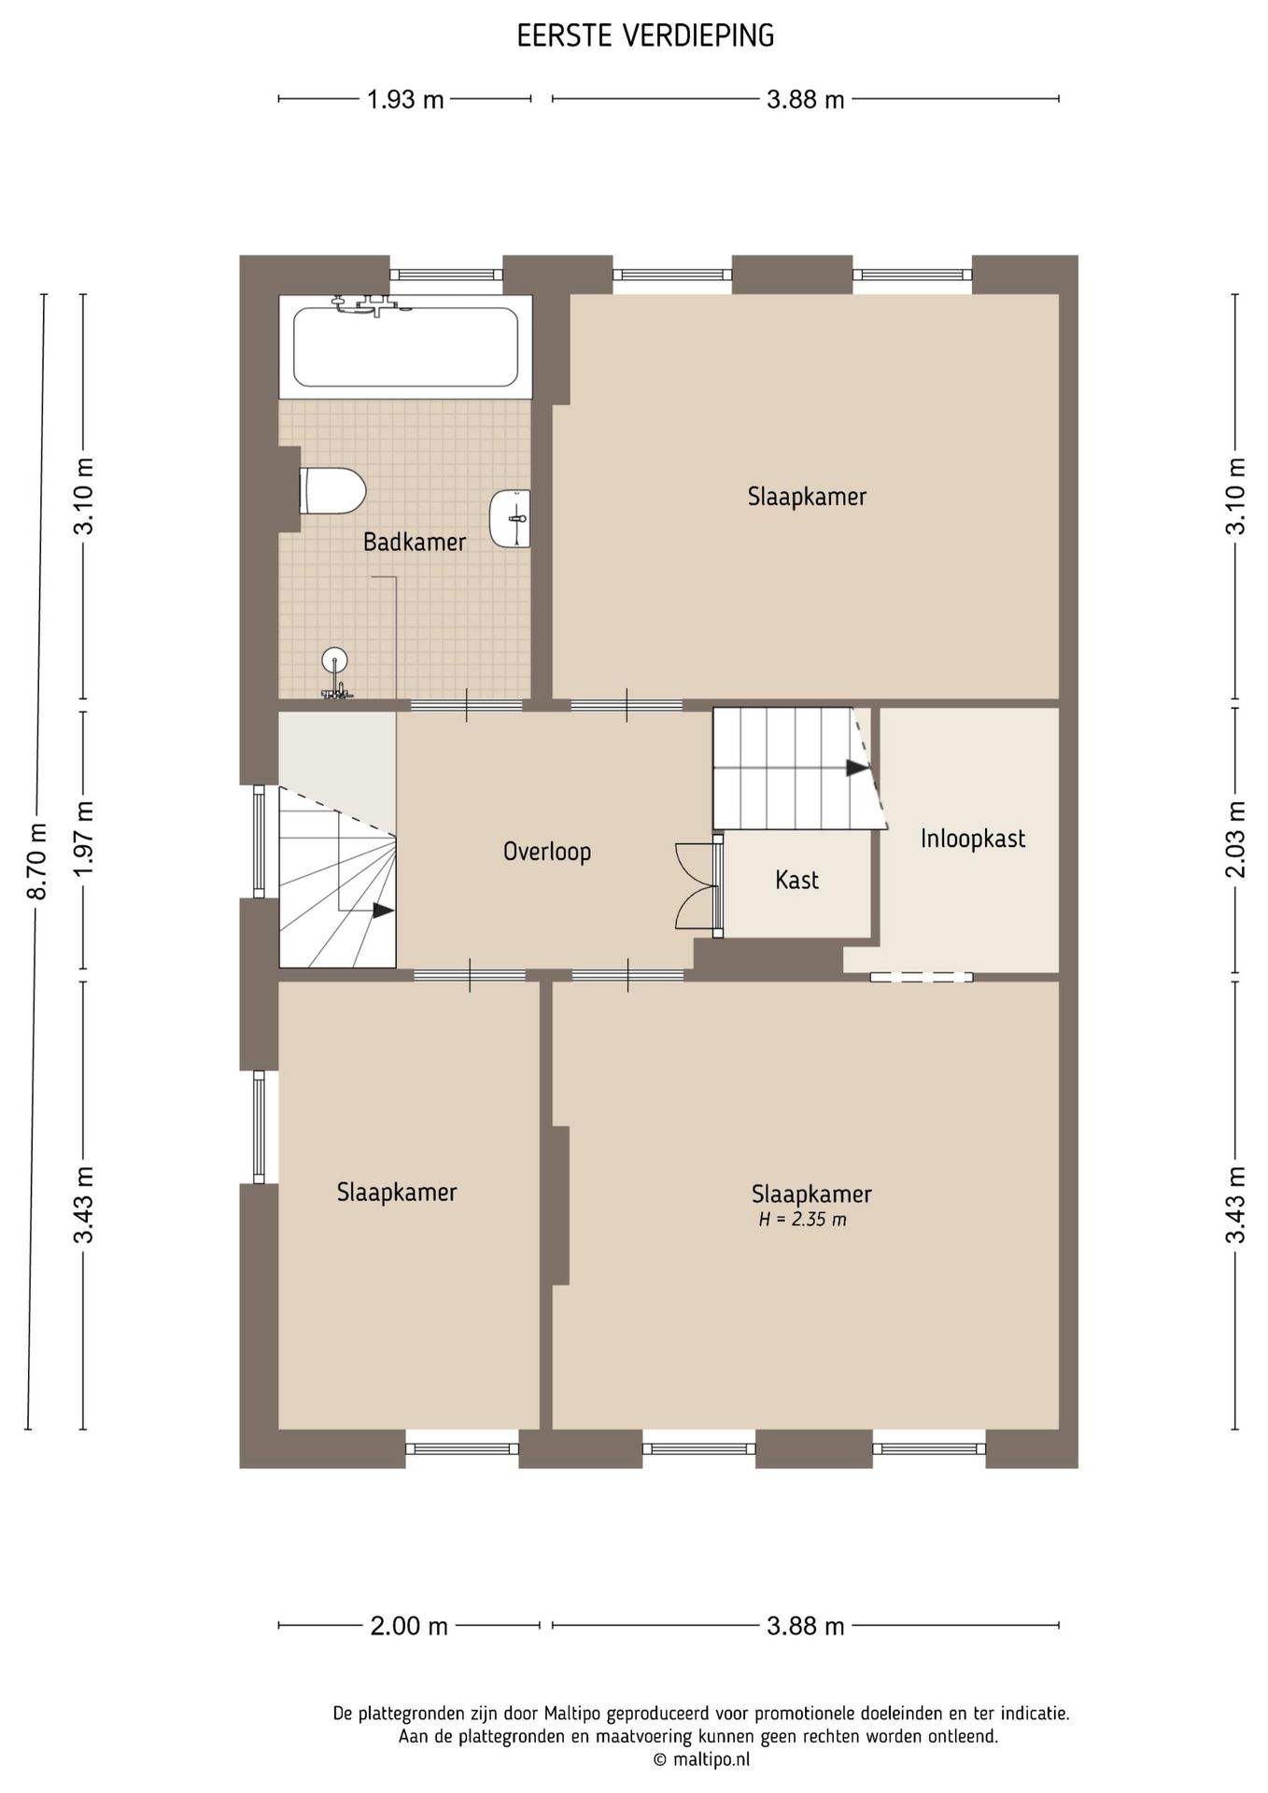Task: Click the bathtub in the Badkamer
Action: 405,346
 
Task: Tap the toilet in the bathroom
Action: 331,490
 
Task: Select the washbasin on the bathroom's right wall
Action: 510,518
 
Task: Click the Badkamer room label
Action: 415,542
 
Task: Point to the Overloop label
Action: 547,852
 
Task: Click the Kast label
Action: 796,880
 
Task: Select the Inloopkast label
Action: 973,839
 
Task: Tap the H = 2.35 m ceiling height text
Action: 803,1220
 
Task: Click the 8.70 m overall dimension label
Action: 37,862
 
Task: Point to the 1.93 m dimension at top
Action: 405,99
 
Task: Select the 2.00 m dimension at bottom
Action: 409,1626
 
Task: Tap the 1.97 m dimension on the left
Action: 84,839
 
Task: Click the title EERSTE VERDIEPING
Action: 646,35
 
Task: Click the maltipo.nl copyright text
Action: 701,1759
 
